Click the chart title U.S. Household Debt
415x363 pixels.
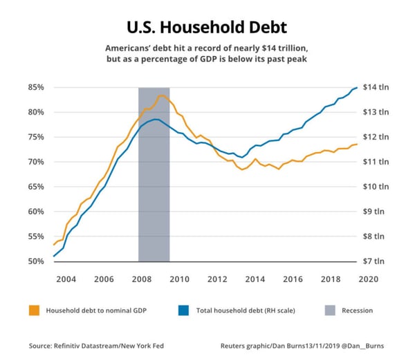(x=207, y=28)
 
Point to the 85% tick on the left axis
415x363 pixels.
(x=36, y=88)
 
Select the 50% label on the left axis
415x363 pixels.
(x=36, y=261)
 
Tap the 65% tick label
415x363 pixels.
(x=36, y=187)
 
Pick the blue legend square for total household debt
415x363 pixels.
(x=183, y=310)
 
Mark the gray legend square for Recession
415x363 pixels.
(x=331, y=310)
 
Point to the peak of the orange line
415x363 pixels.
(x=161, y=95)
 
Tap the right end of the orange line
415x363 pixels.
(x=357, y=144)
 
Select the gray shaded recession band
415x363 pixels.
(x=154, y=173)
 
